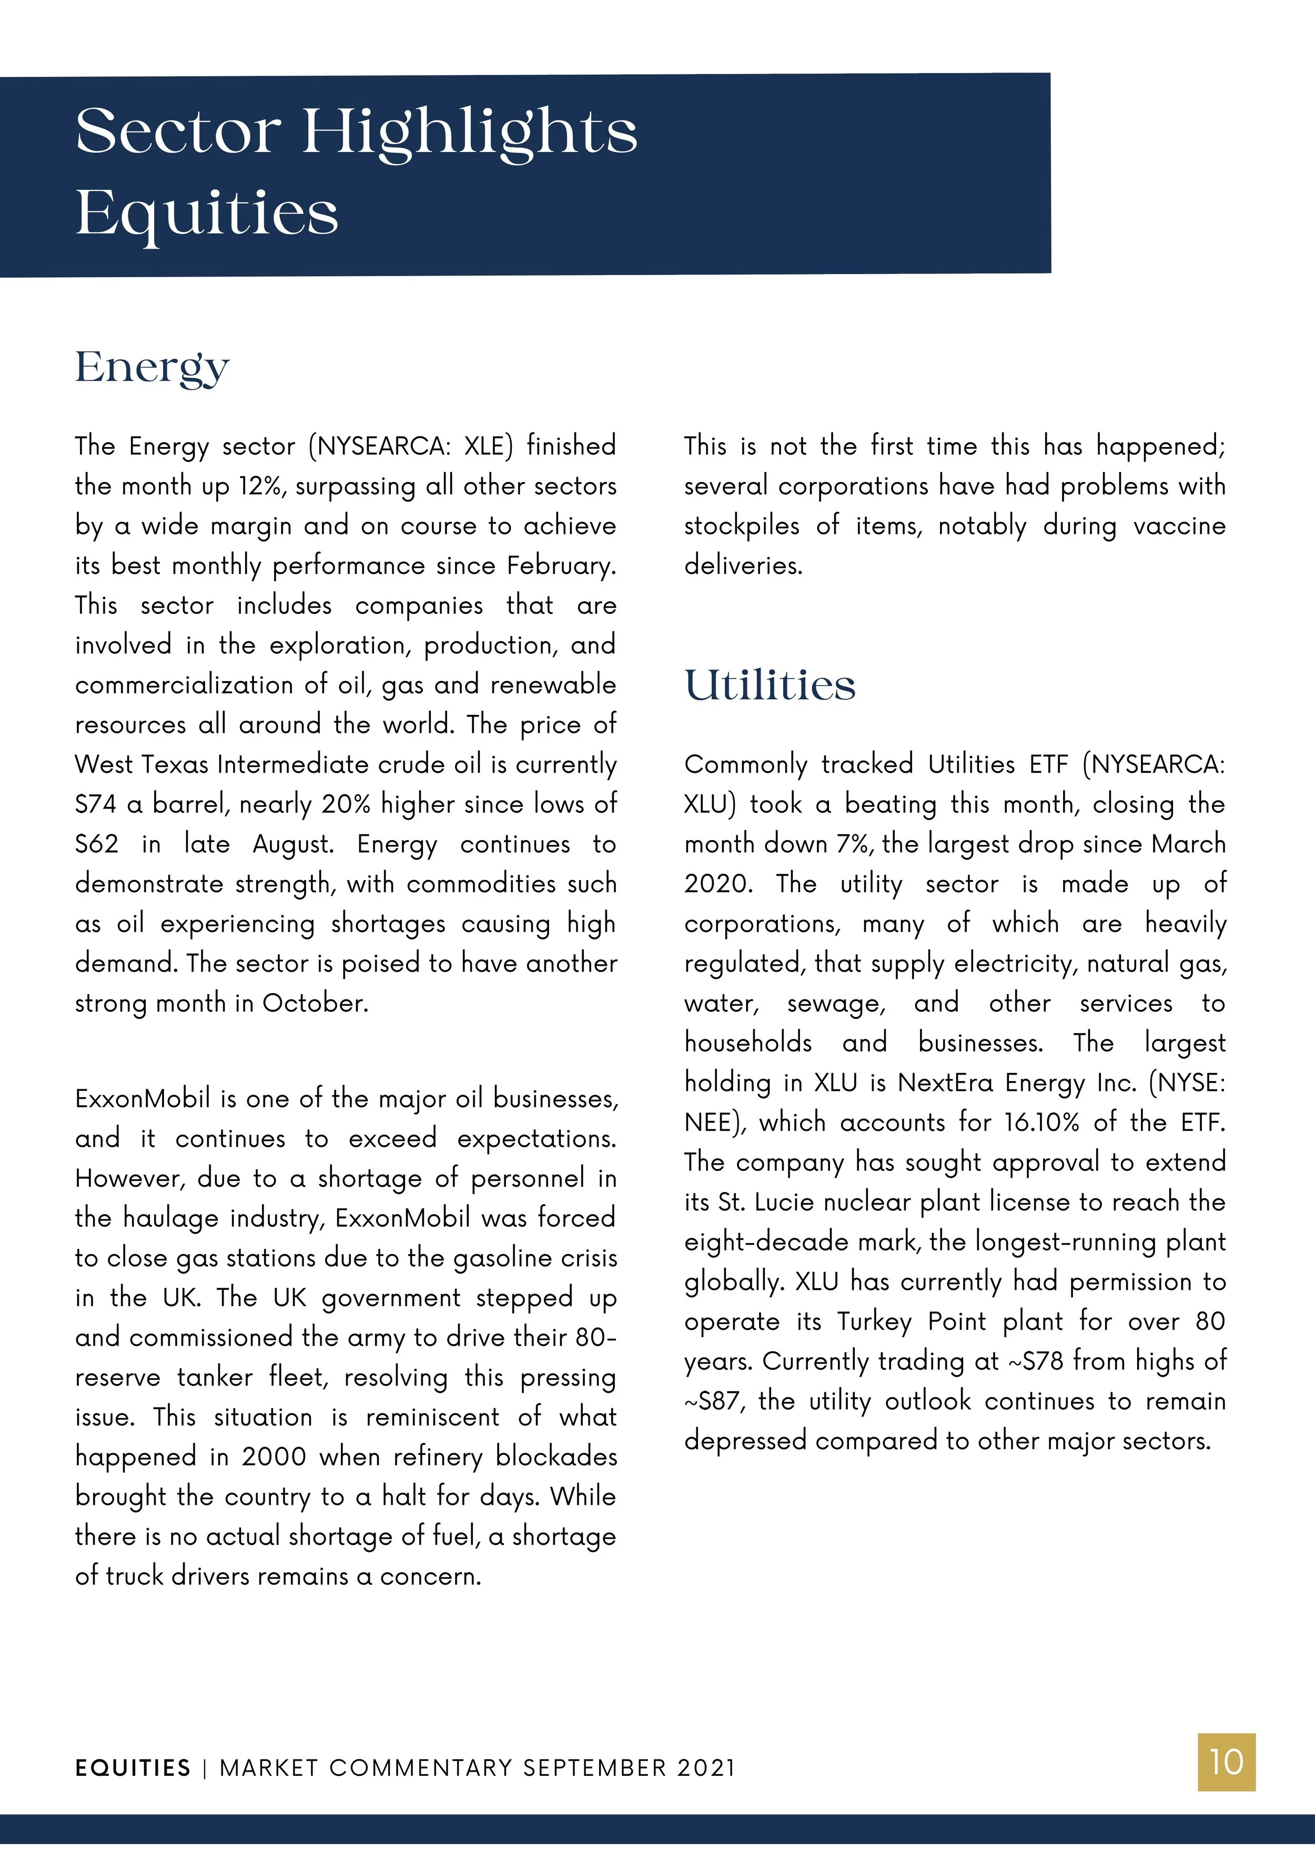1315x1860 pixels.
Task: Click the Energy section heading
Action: tap(153, 369)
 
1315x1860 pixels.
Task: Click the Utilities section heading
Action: tap(769, 685)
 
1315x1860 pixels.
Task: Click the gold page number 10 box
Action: tap(1226, 1762)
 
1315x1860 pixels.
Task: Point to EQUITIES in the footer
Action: tap(133, 1767)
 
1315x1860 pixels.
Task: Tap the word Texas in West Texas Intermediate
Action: tap(179, 765)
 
